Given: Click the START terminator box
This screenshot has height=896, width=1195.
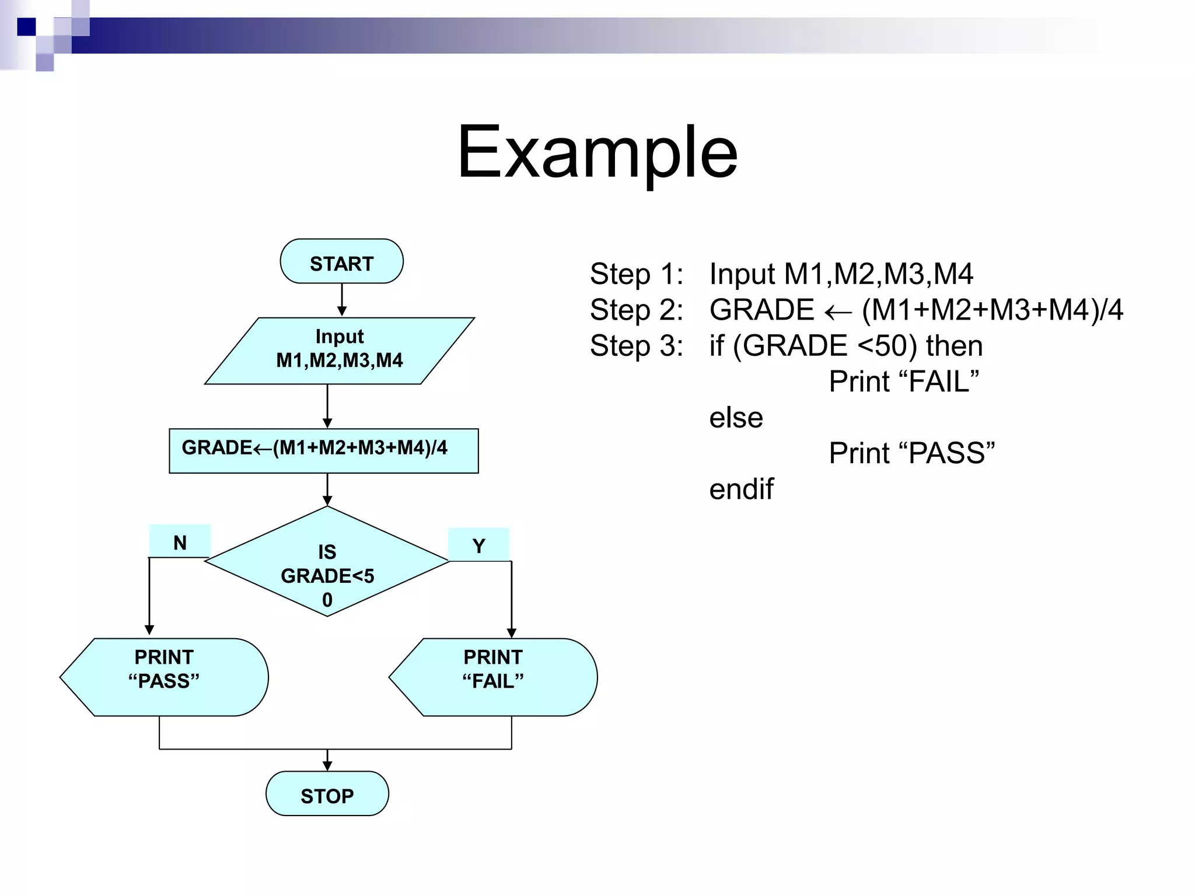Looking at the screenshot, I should click(x=341, y=261).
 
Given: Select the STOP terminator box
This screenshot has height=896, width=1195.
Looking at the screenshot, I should click(x=327, y=794).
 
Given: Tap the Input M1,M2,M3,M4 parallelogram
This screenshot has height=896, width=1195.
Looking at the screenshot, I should click(x=340, y=350).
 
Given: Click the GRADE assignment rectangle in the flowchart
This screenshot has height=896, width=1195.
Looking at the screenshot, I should click(x=324, y=451).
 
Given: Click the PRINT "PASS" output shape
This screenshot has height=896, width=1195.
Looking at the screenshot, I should click(x=165, y=677).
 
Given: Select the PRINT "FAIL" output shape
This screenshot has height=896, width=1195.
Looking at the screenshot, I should click(x=494, y=677).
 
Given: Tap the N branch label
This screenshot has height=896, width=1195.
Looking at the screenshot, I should click(x=180, y=542).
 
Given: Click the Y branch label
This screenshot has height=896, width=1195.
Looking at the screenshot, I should click(x=478, y=545).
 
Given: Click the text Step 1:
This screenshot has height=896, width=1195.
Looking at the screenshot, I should click(x=636, y=274).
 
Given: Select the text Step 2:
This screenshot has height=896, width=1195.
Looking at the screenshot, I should click(x=636, y=310).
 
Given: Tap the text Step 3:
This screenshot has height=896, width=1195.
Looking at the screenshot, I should click(x=636, y=346).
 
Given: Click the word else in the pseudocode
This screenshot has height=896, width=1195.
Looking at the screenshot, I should click(x=736, y=418).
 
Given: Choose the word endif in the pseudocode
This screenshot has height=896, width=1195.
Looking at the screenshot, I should click(x=741, y=489).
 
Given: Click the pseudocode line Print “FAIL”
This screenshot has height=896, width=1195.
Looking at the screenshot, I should click(x=903, y=381).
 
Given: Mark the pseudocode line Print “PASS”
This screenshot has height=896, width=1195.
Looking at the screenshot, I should click(x=911, y=453).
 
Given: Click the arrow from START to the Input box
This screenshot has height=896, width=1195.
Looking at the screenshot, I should click(x=342, y=299).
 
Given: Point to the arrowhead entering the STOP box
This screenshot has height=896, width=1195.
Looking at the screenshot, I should click(x=327, y=766).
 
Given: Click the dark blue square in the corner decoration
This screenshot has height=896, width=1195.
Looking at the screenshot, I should click(x=26, y=27).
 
